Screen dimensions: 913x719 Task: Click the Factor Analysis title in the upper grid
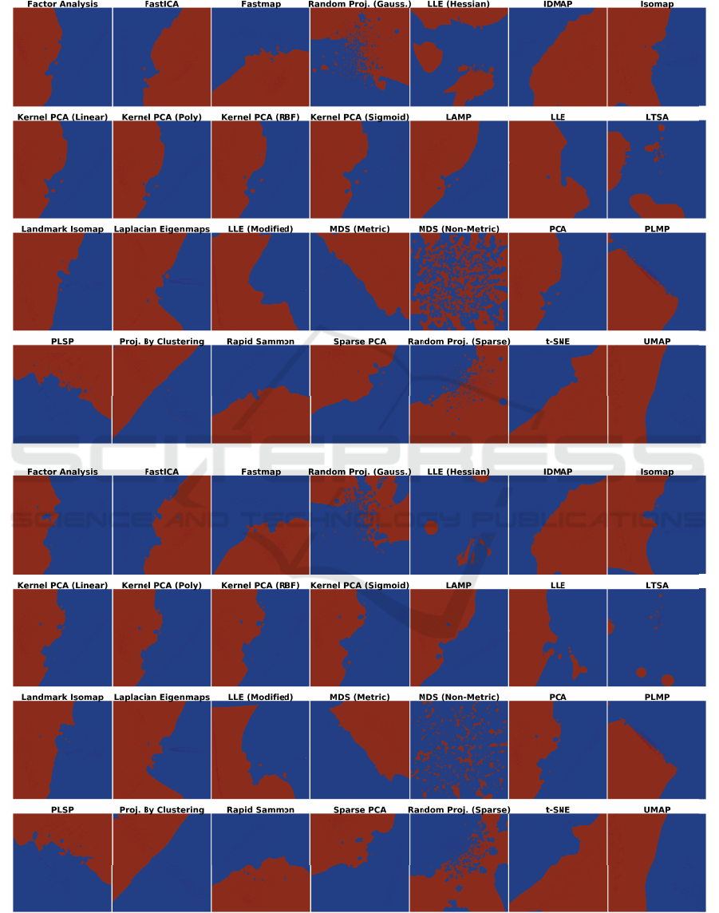coord(62,5)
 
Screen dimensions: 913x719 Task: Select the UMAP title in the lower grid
coord(657,810)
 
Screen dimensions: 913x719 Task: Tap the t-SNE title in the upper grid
coord(558,342)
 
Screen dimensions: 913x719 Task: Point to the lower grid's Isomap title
coord(657,472)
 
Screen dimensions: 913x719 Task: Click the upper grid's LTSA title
coord(657,117)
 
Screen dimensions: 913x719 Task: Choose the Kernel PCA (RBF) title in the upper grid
coord(260,117)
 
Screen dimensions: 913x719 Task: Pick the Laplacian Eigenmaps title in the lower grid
coord(162,697)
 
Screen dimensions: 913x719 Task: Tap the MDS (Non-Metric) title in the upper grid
coord(459,229)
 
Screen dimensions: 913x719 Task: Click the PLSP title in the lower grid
coord(62,810)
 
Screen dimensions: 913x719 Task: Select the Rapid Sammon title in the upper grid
coord(260,342)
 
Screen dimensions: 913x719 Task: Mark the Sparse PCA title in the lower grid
coord(360,810)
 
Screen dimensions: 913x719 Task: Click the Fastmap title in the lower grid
coord(260,472)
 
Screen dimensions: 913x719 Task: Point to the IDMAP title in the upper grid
coord(558,5)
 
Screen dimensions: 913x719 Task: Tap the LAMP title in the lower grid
coord(459,585)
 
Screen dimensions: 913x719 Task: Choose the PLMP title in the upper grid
coord(657,229)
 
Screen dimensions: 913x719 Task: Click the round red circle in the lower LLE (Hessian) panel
coord(432,528)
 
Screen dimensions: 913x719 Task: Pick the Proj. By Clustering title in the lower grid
coord(162,810)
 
